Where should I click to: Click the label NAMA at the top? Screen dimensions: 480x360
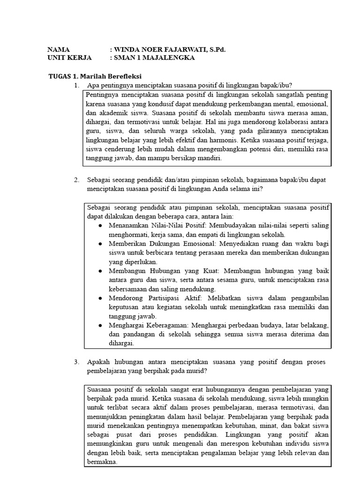[59, 49]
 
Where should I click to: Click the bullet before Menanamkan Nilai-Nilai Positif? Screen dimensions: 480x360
[101, 225]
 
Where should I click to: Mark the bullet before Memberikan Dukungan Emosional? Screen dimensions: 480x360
[101, 244]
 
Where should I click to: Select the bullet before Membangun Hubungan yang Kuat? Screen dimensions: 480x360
[101, 271]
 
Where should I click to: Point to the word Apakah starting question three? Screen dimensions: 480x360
[99, 362]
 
